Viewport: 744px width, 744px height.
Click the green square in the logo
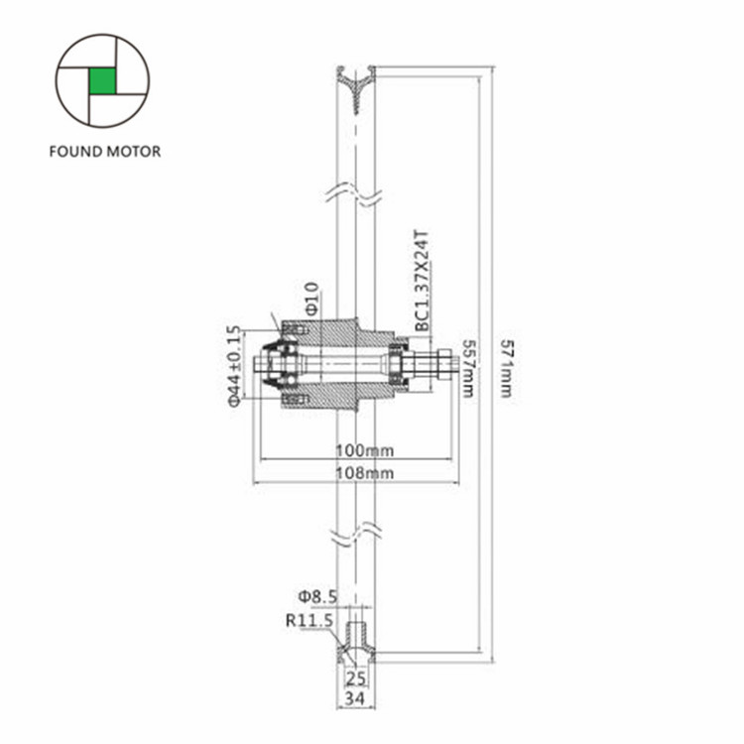coord(102,80)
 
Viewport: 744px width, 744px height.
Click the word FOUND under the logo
coord(75,152)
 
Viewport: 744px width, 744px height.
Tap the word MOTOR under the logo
coord(133,152)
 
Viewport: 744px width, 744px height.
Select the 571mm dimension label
coord(507,368)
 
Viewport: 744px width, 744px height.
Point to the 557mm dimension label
coord(468,368)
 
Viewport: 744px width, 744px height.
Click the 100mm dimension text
coord(365,449)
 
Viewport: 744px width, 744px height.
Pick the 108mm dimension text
coord(365,473)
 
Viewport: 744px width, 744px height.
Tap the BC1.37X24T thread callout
coord(422,281)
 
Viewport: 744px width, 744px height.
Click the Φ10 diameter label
coord(311,299)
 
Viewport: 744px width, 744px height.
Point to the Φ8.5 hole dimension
coord(317,596)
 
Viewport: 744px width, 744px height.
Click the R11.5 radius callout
coord(310,620)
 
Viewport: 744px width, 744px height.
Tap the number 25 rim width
coord(356,679)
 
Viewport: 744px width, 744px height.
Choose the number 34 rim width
coord(356,698)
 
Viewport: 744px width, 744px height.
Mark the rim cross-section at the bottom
coord(356,643)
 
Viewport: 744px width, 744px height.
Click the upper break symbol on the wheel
coord(354,195)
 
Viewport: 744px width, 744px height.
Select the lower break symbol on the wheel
coord(354,534)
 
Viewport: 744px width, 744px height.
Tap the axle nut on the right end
coord(443,365)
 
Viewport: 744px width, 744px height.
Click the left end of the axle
coord(256,365)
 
